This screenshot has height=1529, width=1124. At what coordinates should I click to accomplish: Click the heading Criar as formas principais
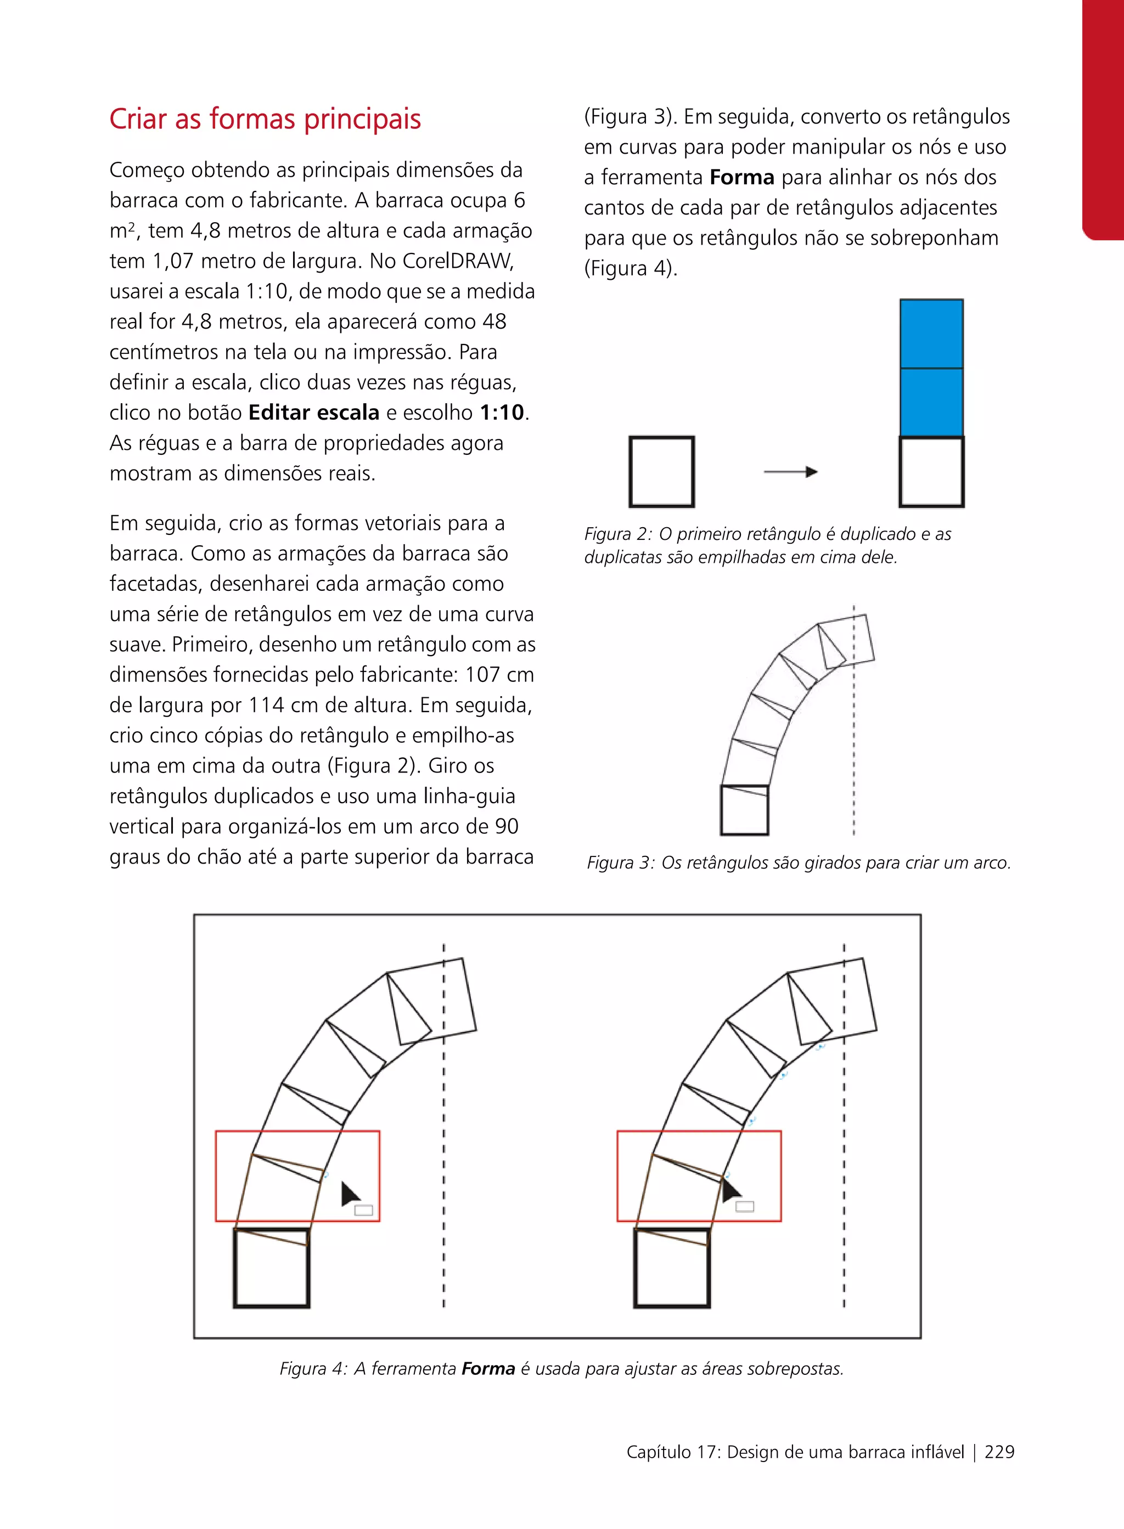[265, 119]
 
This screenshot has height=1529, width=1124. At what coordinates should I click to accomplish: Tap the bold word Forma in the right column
[741, 178]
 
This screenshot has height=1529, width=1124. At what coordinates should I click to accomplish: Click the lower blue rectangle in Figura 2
[931, 402]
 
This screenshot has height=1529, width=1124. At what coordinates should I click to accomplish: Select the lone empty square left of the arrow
[661, 472]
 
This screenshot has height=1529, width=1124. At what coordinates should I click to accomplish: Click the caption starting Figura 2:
[767, 545]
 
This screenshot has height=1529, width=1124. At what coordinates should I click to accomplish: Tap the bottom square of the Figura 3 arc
[744, 810]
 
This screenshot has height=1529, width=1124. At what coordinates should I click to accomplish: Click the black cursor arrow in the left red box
[350, 1194]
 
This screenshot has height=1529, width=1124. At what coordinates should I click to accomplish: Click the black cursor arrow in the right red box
[730, 1191]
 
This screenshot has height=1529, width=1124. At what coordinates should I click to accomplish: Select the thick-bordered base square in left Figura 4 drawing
[272, 1268]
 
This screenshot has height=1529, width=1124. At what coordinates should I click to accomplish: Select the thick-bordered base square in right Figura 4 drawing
[672, 1268]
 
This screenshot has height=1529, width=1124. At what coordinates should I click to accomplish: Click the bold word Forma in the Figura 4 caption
[488, 1368]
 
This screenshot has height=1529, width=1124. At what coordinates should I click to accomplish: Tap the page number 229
[999, 1452]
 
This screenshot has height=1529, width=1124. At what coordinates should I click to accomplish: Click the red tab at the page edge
[1104, 119]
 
